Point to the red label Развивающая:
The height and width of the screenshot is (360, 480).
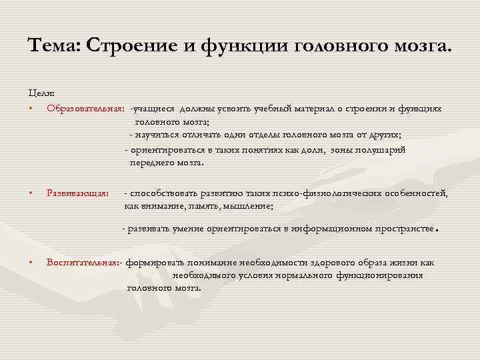pyautogui.click(x=77, y=193)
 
